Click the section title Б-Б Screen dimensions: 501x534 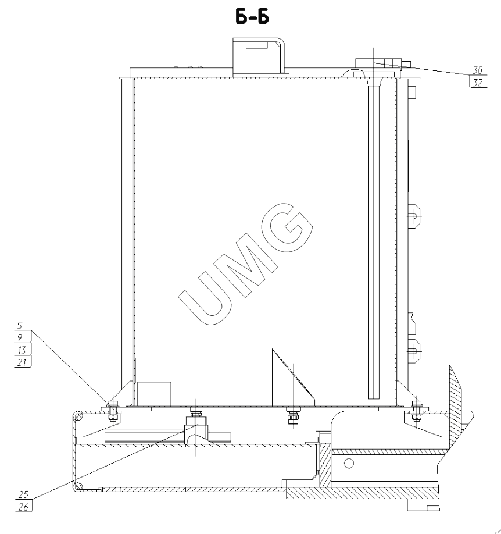(252, 17)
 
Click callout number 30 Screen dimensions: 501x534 (477, 70)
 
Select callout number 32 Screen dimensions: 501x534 (478, 83)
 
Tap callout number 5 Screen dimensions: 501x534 (20, 325)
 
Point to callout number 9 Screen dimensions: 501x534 (20, 337)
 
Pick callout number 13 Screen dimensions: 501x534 (22, 350)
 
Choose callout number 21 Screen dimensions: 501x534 (22, 362)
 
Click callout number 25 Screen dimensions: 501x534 (23, 494)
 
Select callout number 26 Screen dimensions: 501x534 (23, 507)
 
